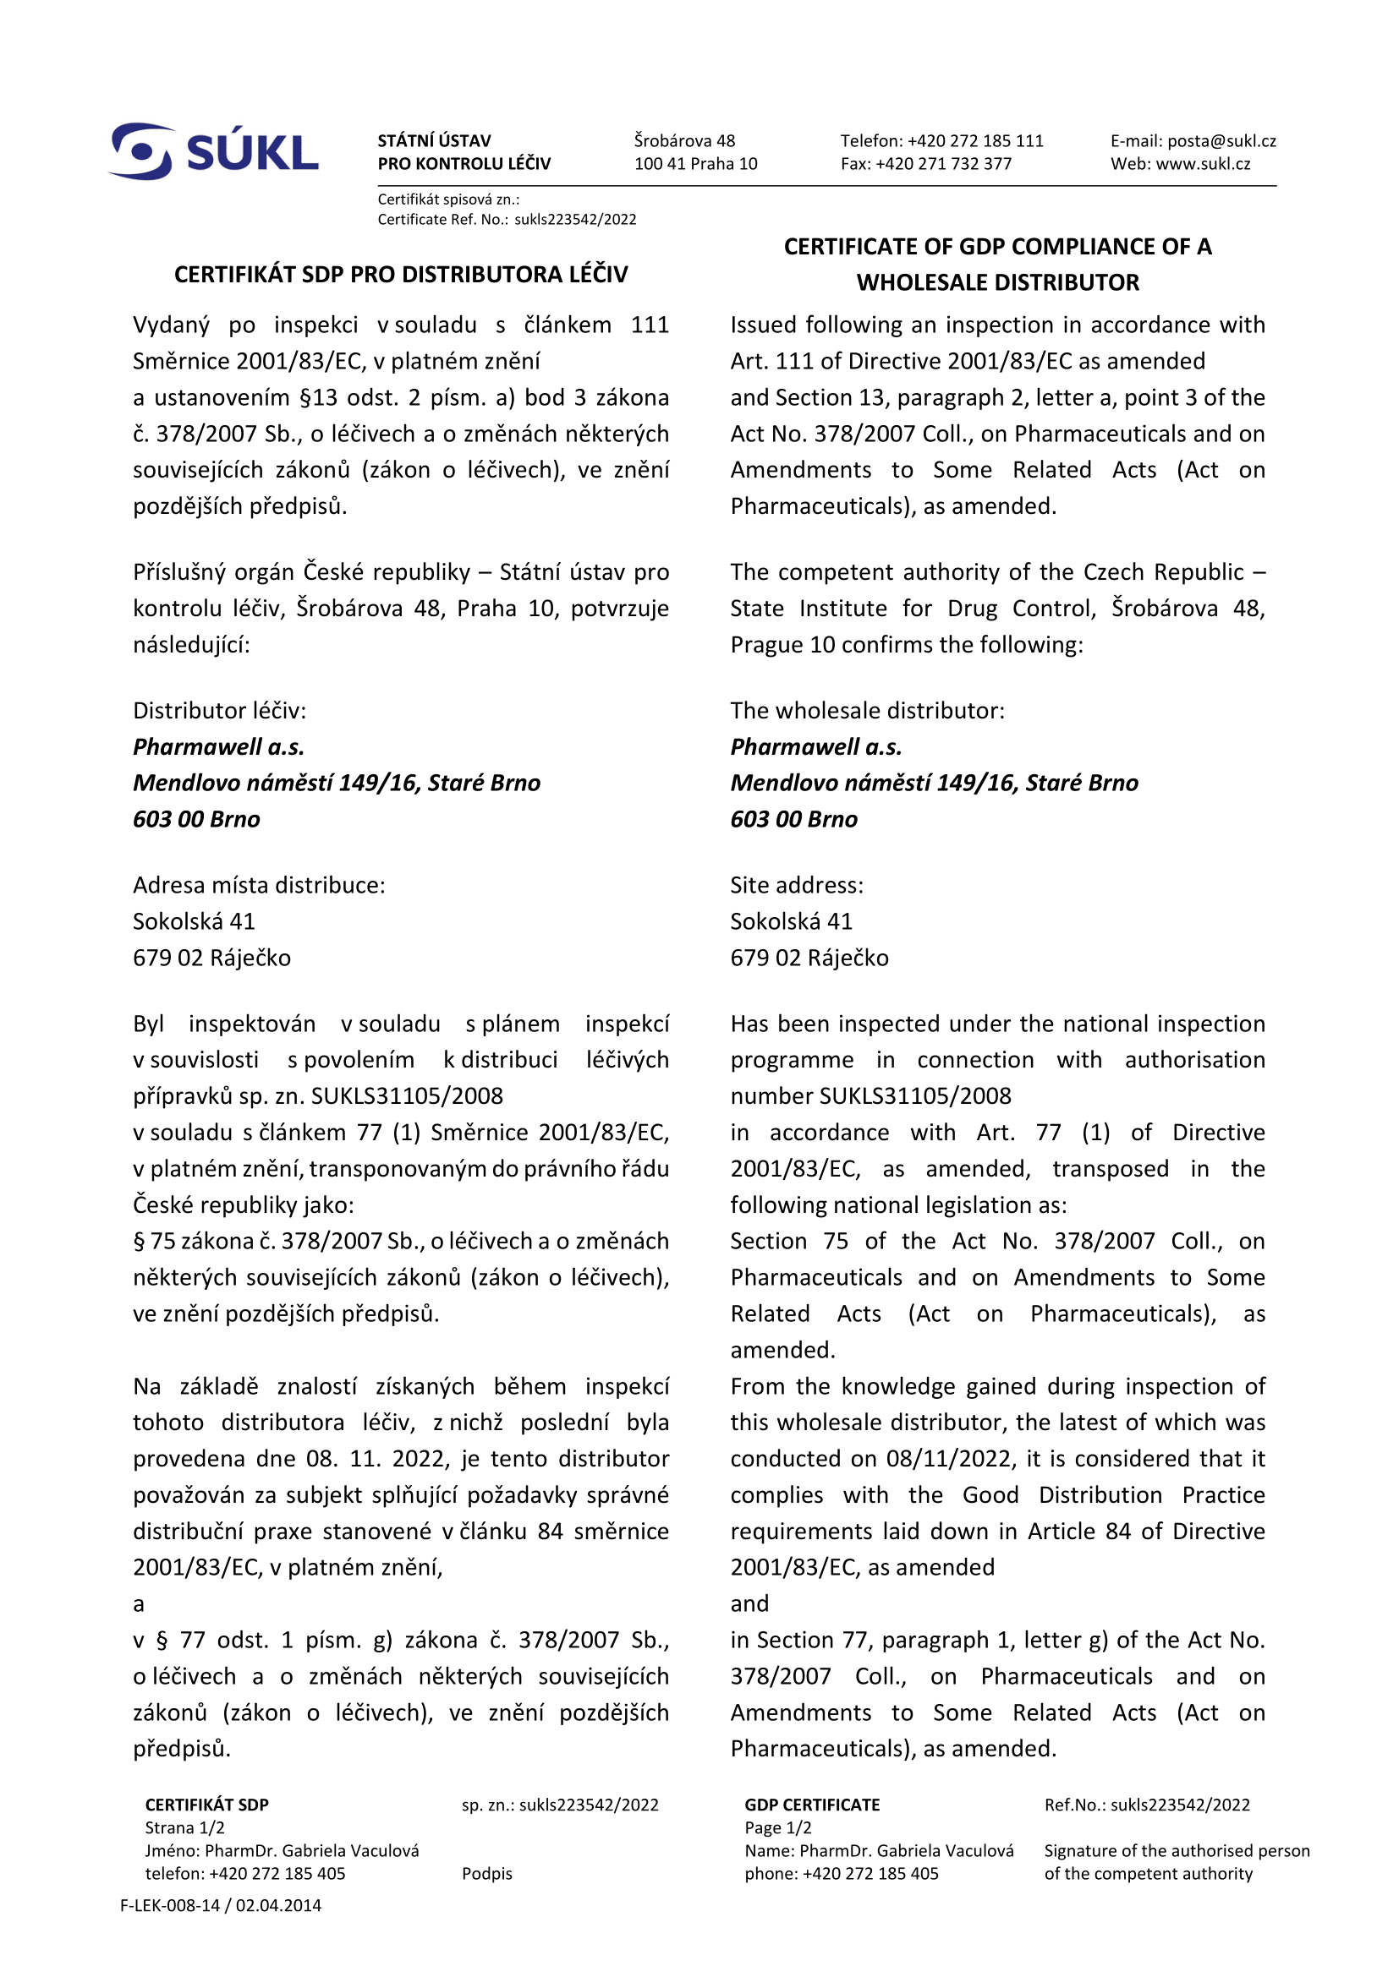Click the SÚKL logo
[x=214, y=151]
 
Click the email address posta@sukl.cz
[x=1221, y=141]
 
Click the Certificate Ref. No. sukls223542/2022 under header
[x=575, y=220]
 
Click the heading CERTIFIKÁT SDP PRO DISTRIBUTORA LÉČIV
[x=401, y=275]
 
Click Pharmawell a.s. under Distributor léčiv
[x=219, y=746]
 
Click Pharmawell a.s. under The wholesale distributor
[x=815, y=746]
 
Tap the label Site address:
[x=797, y=885]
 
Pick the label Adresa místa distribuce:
[x=259, y=885]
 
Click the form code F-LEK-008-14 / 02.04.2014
[x=221, y=1905]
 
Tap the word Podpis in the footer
[x=486, y=1874]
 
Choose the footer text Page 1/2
[x=778, y=1828]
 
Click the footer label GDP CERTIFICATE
[x=812, y=1805]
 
